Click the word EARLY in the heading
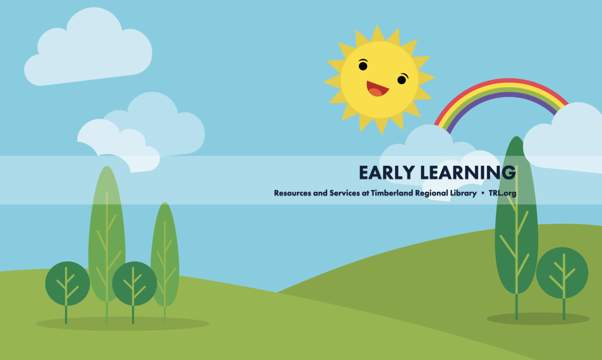387,172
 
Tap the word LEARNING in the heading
468,172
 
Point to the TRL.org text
502,193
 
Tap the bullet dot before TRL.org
483,193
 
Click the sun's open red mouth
377,89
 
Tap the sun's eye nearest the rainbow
402,79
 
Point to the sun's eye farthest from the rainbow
363,65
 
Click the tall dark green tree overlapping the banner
516,215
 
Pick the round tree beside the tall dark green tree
562,273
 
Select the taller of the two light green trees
107,234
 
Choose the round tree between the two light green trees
134,283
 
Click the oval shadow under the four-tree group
122,324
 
